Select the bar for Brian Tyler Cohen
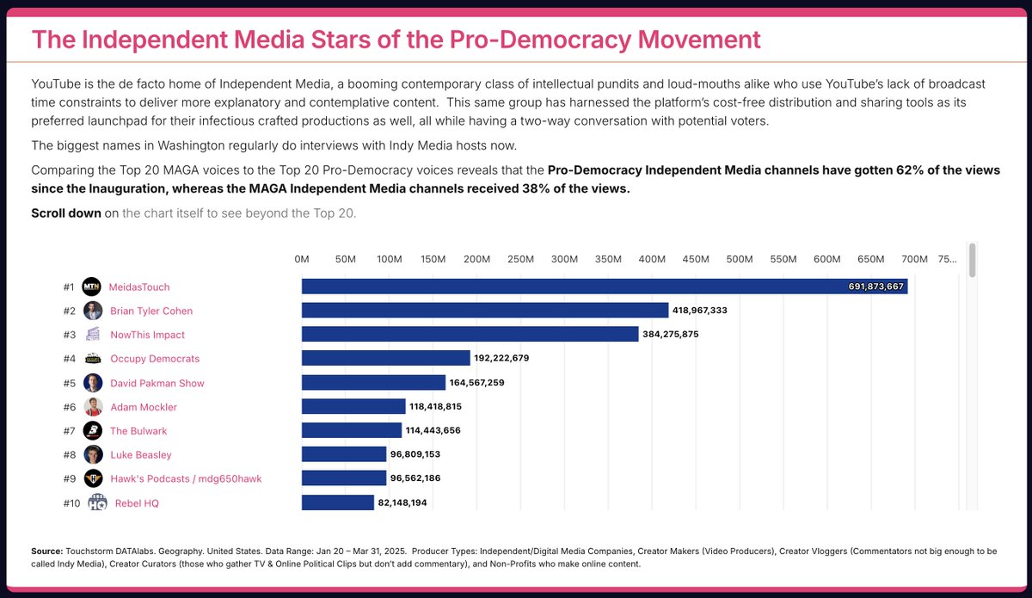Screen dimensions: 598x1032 click(484, 311)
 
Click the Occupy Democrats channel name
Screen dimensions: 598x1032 click(155, 359)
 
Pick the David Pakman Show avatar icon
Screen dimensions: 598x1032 click(94, 383)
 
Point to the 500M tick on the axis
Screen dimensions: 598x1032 click(740, 259)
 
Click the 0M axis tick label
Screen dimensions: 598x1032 click(302, 259)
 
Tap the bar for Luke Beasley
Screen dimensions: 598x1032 click(344, 454)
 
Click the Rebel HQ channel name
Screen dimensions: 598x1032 click(137, 503)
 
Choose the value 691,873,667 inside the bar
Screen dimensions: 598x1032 click(876, 287)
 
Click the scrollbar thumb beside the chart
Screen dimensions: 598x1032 click(973, 260)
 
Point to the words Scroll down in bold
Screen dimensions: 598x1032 click(65, 213)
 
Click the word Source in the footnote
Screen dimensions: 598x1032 click(46, 551)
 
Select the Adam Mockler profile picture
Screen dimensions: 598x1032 click(94, 407)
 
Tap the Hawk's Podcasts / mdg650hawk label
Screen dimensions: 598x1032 click(186, 479)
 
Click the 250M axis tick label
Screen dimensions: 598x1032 click(520, 259)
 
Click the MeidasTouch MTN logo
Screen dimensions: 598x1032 click(92, 287)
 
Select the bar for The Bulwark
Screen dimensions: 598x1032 click(351, 430)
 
